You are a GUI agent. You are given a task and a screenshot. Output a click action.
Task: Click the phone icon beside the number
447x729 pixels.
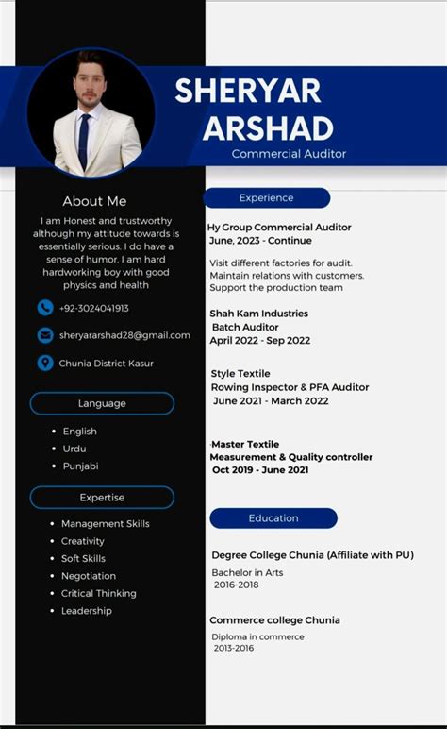[45, 308]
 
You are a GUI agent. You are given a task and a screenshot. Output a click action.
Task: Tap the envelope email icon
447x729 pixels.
[45, 335]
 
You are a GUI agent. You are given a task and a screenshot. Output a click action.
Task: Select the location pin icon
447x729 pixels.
[45, 363]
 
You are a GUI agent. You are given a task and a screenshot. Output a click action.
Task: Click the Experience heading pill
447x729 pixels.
[267, 198]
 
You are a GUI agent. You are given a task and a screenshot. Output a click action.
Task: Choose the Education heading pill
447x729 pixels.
[273, 518]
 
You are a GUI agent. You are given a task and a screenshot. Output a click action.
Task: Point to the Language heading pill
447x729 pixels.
[102, 403]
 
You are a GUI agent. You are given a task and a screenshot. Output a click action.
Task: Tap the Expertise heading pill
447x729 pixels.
[102, 498]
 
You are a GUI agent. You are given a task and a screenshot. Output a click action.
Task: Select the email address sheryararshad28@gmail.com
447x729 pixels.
[124, 335]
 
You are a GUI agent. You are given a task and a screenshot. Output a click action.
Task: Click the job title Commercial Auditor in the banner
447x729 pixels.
[290, 154]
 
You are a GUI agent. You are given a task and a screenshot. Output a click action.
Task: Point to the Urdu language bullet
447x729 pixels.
[74, 449]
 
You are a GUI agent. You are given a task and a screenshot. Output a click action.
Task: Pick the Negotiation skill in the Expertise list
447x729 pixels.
[89, 576]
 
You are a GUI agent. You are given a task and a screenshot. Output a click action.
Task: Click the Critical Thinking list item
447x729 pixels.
[99, 593]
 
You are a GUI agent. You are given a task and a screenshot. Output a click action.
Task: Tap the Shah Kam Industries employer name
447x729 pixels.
[259, 314]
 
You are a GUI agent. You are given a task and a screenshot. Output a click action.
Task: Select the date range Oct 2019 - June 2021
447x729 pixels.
[260, 470]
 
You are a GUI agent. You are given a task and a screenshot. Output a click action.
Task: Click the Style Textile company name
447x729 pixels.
[240, 374]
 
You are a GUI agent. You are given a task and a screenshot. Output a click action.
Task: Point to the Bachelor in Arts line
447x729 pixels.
[247, 572]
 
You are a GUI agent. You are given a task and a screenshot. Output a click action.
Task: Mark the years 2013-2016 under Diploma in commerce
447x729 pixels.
[234, 649]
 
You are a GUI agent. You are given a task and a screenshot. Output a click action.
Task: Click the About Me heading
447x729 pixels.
[94, 201]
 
